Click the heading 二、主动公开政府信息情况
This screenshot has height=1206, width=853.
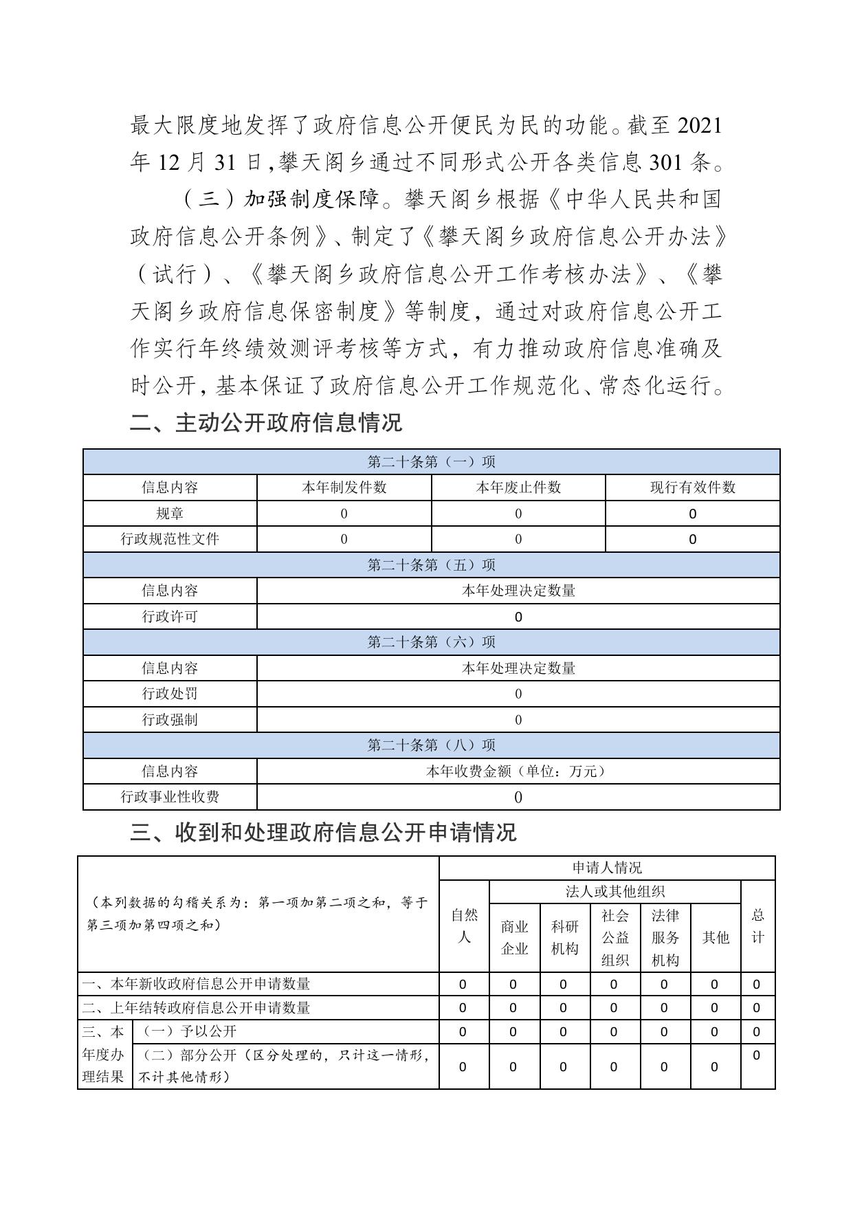pyautogui.click(x=266, y=422)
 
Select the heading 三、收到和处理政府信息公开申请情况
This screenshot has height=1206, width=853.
pyautogui.click(x=323, y=833)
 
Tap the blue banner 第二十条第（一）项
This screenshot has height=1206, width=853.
pyautogui.click(x=431, y=461)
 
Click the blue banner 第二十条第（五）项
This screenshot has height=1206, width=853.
pyautogui.click(x=431, y=564)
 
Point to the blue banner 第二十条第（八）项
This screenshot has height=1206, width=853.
pyautogui.click(x=431, y=745)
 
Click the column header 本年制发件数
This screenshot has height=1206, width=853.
pyautogui.click(x=344, y=487)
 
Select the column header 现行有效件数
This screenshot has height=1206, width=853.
pyautogui.click(x=692, y=487)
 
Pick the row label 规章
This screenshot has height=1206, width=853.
pyautogui.click(x=170, y=514)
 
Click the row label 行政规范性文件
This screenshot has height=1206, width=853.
pyautogui.click(x=170, y=539)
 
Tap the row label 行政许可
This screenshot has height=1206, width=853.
pyautogui.click(x=170, y=617)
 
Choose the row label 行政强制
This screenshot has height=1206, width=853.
pyautogui.click(x=170, y=720)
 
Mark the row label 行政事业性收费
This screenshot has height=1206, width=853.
pyautogui.click(x=170, y=797)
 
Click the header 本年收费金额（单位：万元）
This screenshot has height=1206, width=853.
pyautogui.click(x=518, y=771)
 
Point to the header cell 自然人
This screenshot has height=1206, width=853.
pyautogui.click(x=464, y=925)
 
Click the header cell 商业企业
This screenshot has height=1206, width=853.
pyautogui.click(x=514, y=938)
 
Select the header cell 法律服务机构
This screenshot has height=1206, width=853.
pyautogui.click(x=665, y=938)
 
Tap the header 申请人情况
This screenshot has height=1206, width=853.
pyautogui.click(x=607, y=868)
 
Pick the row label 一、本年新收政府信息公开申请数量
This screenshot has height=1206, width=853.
pyautogui.click(x=196, y=984)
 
